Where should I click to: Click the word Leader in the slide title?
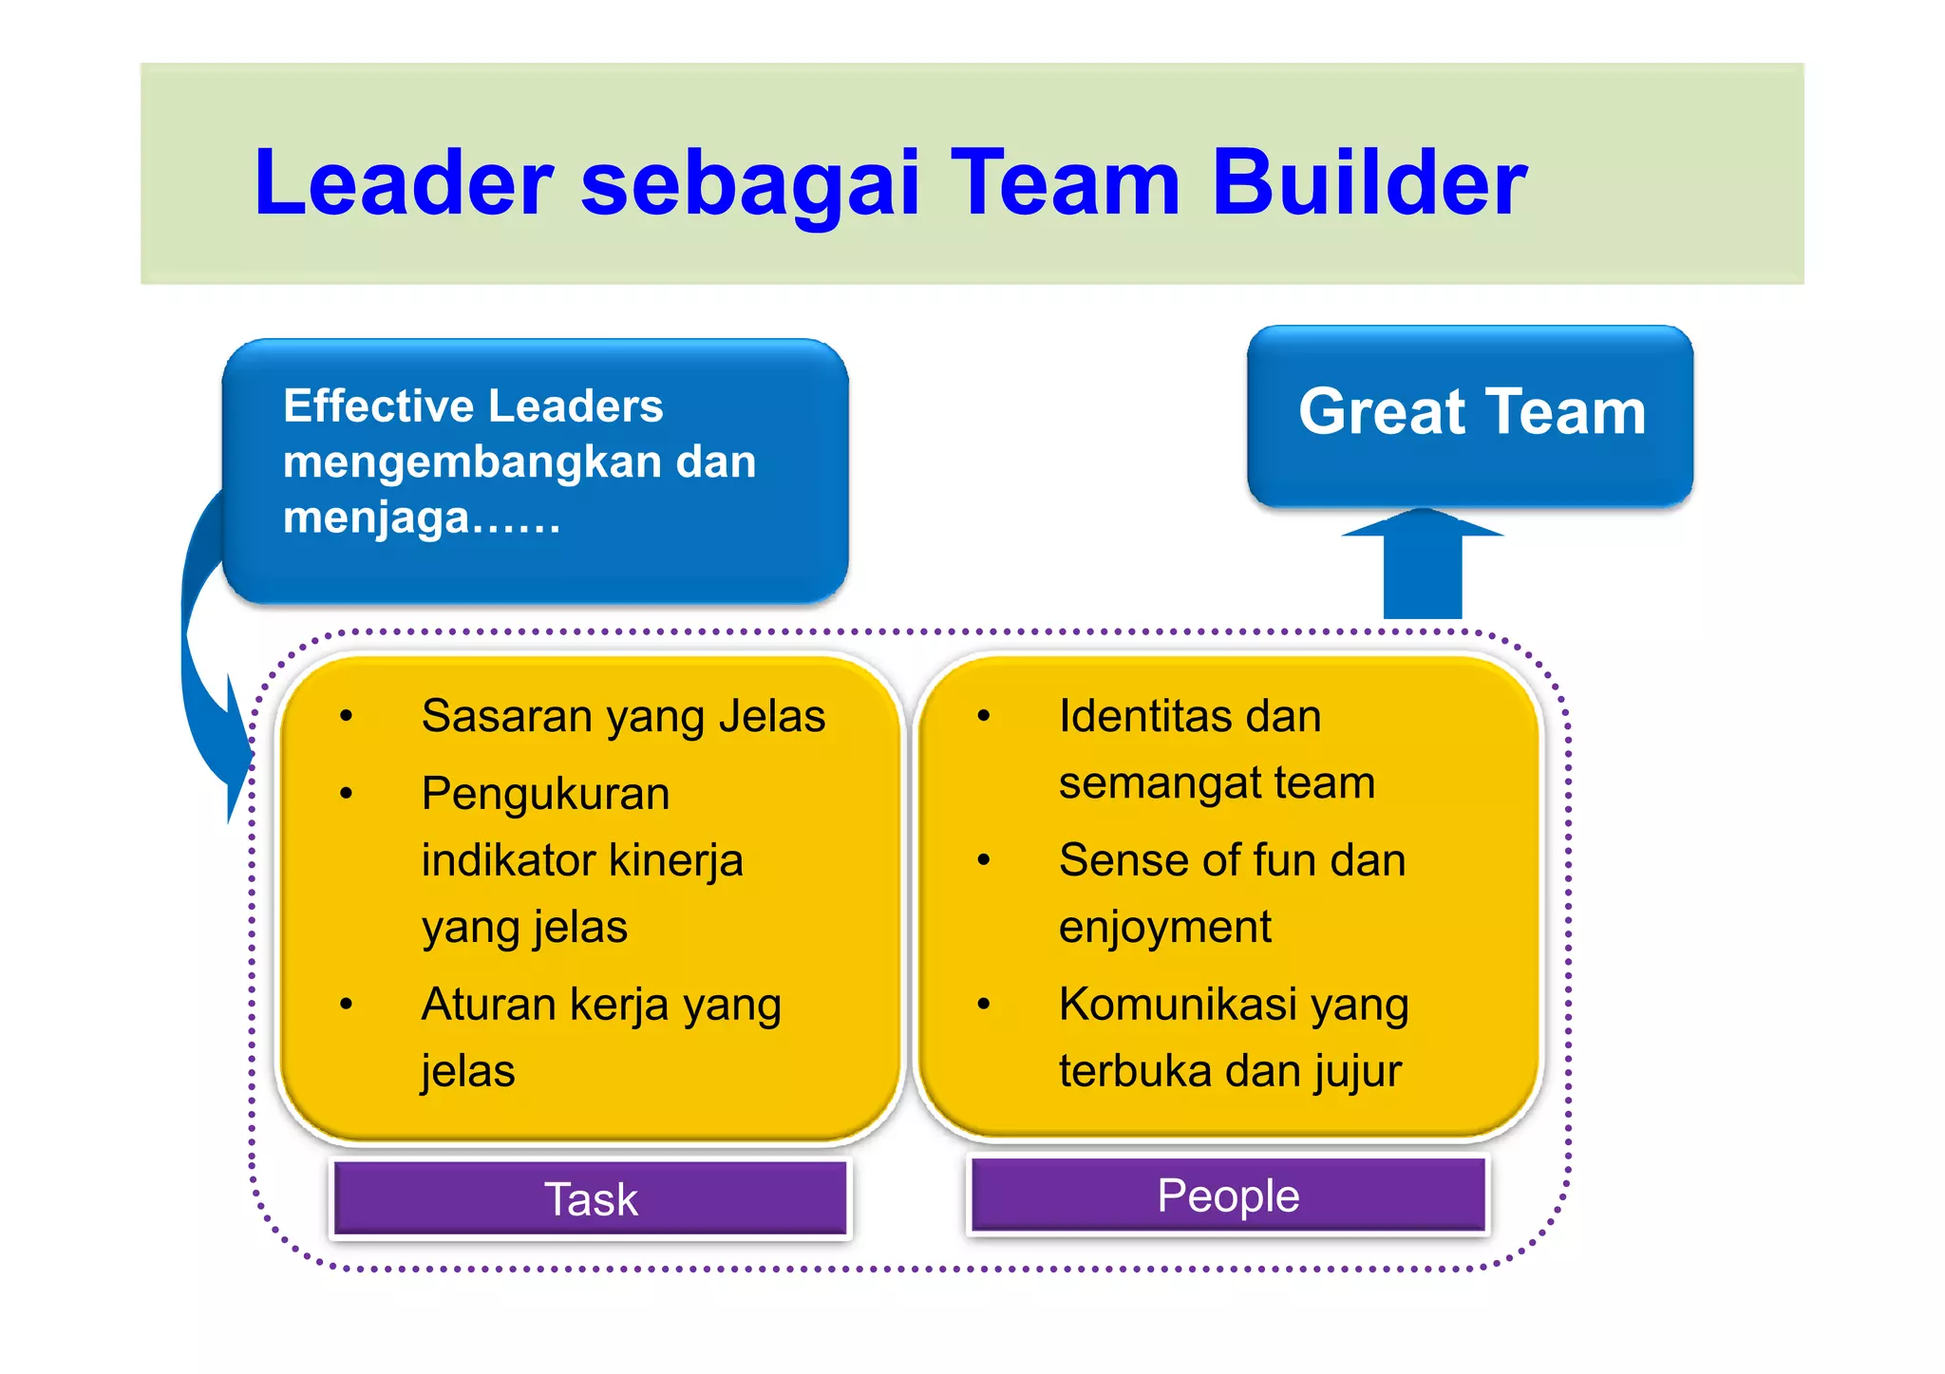(x=404, y=182)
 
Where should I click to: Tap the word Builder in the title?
(x=1369, y=182)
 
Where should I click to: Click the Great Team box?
(x=1470, y=415)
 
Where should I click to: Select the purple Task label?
(x=591, y=1199)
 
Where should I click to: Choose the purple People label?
(x=1228, y=1195)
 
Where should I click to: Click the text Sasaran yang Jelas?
(x=623, y=716)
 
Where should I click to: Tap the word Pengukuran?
(x=545, y=794)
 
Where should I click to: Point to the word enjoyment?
(x=1164, y=927)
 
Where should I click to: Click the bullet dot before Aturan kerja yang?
(x=347, y=1004)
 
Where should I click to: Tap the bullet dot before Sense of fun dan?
(x=984, y=860)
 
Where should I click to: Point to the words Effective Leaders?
(x=473, y=406)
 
